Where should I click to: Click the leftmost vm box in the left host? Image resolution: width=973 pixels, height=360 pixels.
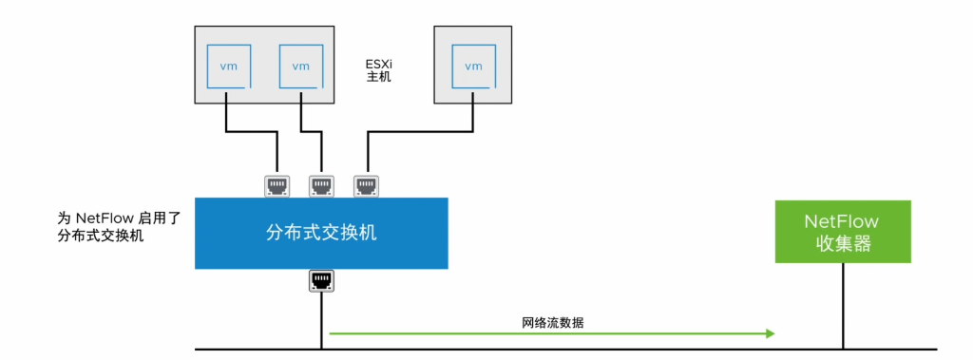pyautogui.click(x=229, y=66)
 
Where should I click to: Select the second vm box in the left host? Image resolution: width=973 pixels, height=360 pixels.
pyautogui.click(x=301, y=66)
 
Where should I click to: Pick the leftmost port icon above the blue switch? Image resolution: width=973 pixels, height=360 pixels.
pyautogui.click(x=277, y=184)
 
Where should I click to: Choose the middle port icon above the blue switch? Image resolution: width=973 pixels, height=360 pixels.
pyautogui.click(x=321, y=184)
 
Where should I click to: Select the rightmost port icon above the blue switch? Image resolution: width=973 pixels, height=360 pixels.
pyautogui.click(x=365, y=184)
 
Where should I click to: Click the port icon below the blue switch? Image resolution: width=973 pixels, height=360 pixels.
pyautogui.click(x=321, y=280)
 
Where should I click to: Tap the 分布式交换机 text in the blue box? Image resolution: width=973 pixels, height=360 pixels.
pyautogui.click(x=321, y=233)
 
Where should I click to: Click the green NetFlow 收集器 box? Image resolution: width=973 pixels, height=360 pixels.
pyautogui.click(x=842, y=232)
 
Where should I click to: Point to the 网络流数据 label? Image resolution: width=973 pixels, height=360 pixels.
pyautogui.click(x=552, y=323)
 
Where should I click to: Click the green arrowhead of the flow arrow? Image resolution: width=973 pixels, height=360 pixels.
pyautogui.click(x=769, y=333)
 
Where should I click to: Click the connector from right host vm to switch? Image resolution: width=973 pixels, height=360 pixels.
pyautogui.click(x=418, y=134)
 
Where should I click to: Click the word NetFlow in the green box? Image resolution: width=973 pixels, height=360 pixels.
pyautogui.click(x=842, y=221)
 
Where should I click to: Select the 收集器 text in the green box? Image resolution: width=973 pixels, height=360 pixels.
pyautogui.click(x=842, y=243)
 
